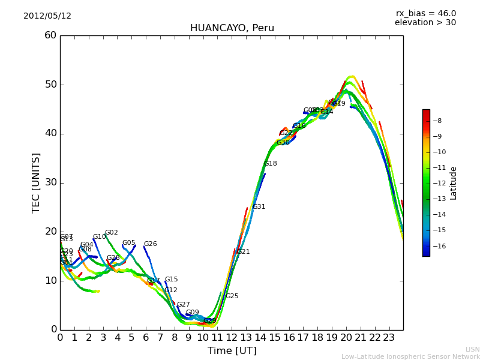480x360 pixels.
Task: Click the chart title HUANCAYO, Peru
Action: coord(232,28)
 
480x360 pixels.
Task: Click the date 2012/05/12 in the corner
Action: coord(47,16)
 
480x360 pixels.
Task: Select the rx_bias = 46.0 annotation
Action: coord(425,13)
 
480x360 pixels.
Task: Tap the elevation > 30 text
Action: coord(425,23)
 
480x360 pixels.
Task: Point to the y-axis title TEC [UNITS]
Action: coord(36,182)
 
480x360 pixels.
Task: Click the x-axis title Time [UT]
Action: coord(232,351)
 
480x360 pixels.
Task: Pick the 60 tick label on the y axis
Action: coord(50,35)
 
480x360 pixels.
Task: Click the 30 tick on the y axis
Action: coord(50,182)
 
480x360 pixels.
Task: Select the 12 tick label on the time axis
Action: coord(232,337)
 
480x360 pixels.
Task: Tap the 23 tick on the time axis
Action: coord(389,337)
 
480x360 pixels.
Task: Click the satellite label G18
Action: coord(271,163)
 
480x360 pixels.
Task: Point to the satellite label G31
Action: coord(259,207)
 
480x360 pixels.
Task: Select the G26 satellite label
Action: coord(150,244)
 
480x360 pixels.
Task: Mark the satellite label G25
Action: coord(232,296)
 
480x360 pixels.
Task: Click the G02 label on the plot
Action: coord(112,233)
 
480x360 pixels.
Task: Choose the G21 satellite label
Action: coord(243,252)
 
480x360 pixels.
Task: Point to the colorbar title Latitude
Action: coord(454,183)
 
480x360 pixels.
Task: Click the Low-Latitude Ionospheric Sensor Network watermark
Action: coord(410,356)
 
